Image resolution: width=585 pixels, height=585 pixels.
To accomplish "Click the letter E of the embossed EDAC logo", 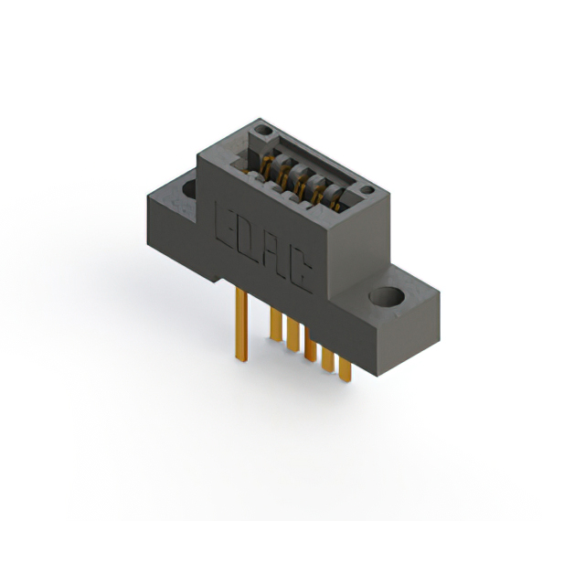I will [224, 224].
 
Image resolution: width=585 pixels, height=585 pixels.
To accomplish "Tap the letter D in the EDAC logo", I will [245, 239].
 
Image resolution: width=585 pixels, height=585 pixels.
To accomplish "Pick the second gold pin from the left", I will [274, 324].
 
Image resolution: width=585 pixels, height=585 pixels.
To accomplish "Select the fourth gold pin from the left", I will [311, 347].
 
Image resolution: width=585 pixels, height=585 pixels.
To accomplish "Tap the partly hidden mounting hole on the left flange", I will [190, 190].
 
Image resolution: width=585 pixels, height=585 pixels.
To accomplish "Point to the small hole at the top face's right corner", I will [367, 190].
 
